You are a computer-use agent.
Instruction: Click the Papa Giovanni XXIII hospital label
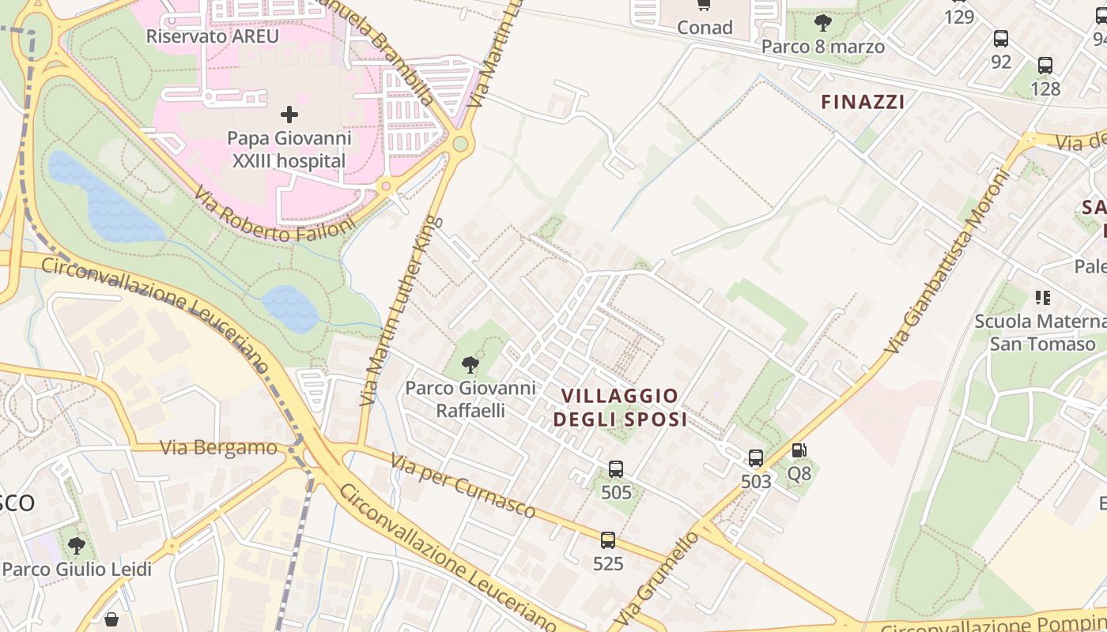pyautogui.click(x=289, y=150)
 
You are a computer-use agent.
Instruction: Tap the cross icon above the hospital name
pyautogui.click(x=289, y=115)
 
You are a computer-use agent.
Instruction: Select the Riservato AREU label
pyautogui.click(x=213, y=36)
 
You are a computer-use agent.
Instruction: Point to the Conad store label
pyautogui.click(x=705, y=28)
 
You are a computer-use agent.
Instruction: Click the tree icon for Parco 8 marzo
pyautogui.click(x=822, y=22)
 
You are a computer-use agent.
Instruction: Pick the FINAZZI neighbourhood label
pyautogui.click(x=862, y=102)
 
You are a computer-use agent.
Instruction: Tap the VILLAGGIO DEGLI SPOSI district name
pyautogui.click(x=620, y=408)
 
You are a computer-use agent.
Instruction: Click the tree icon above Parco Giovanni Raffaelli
pyautogui.click(x=470, y=364)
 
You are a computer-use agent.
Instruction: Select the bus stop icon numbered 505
pyautogui.click(x=616, y=469)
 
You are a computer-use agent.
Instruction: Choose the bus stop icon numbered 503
pyautogui.click(x=756, y=457)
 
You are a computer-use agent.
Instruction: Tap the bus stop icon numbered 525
pyautogui.click(x=607, y=540)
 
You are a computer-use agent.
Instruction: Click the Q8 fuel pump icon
pyautogui.click(x=799, y=450)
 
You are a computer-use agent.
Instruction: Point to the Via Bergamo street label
pyautogui.click(x=219, y=448)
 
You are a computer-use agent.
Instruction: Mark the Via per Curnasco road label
pyautogui.click(x=463, y=486)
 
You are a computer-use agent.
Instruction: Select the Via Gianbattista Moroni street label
pyautogui.click(x=946, y=262)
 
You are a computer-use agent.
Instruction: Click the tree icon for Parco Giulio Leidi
pyautogui.click(x=76, y=546)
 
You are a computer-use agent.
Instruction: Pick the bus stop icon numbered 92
pyautogui.click(x=1000, y=38)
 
